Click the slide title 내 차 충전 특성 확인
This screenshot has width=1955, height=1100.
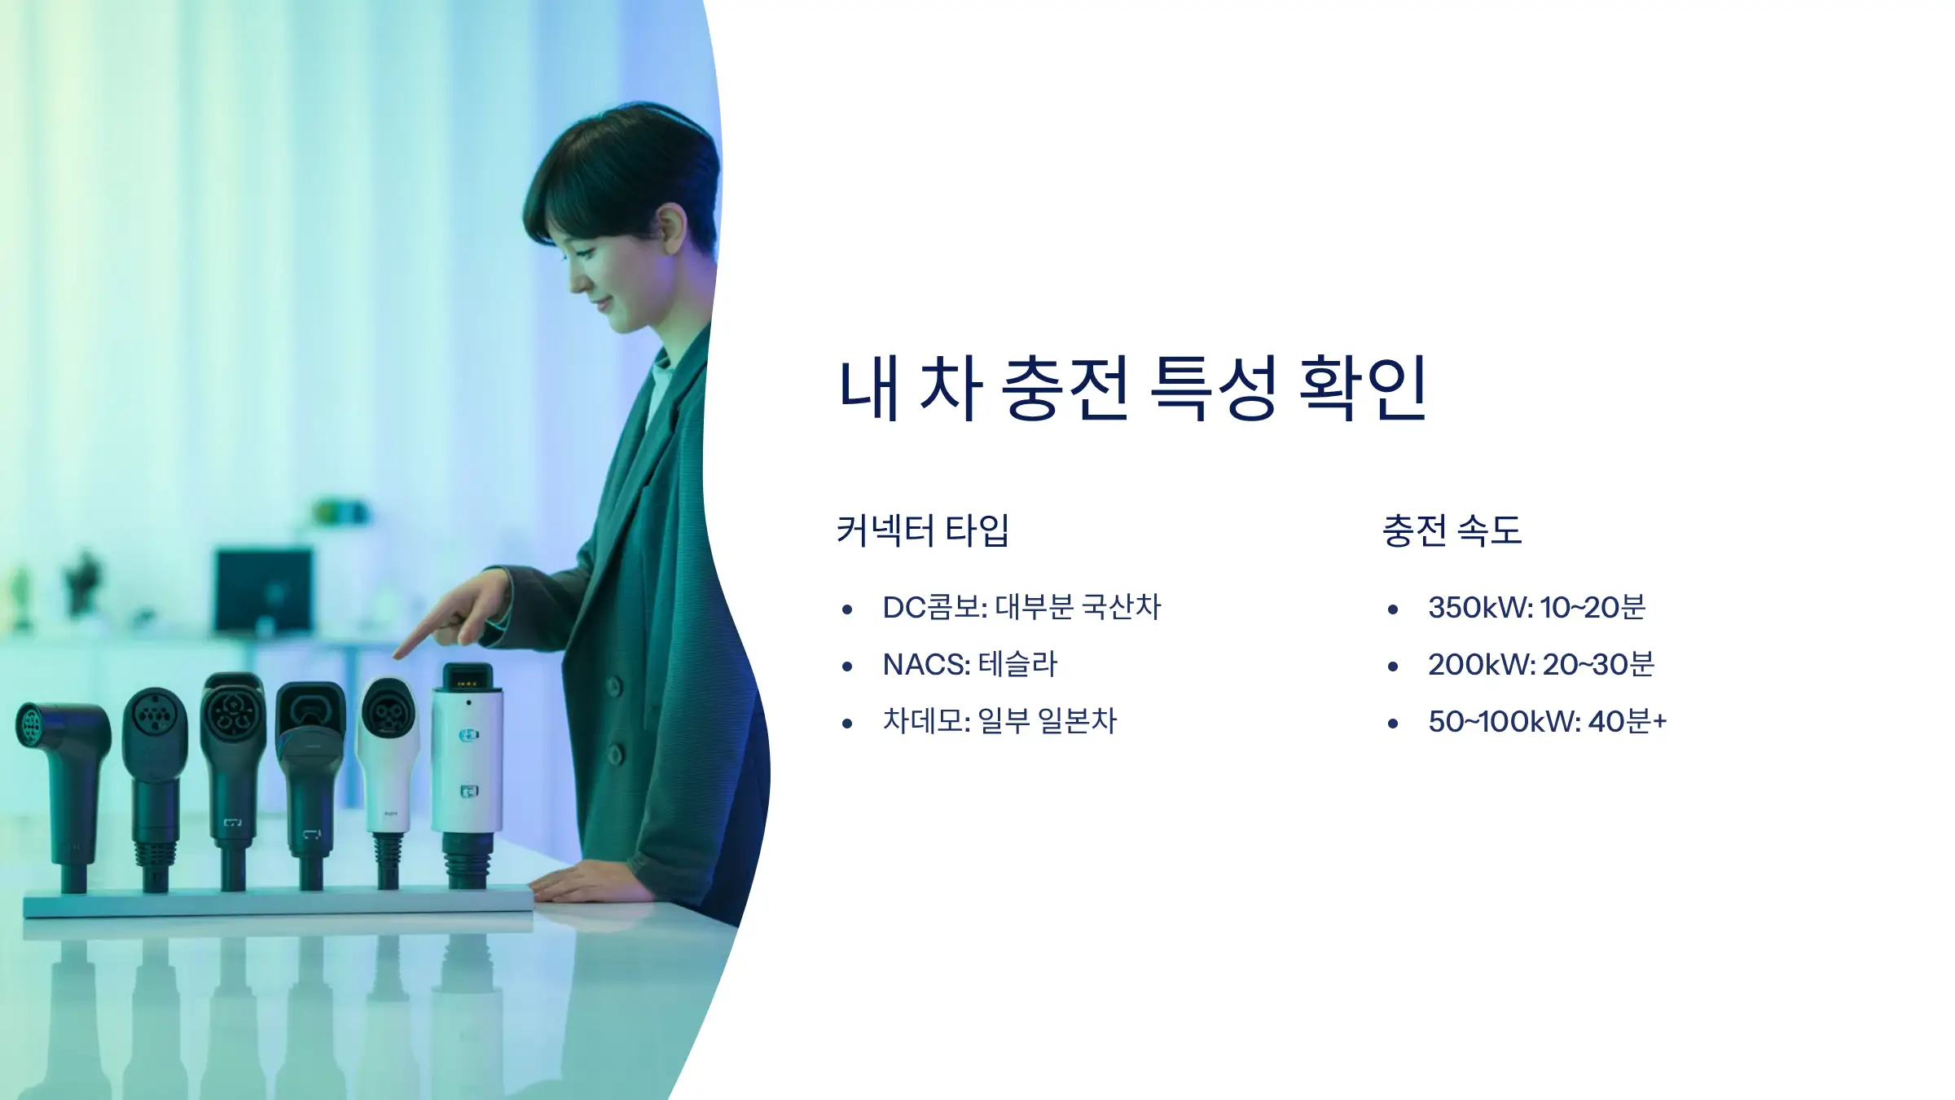tap(1132, 389)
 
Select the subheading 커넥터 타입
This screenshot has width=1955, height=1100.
tap(922, 530)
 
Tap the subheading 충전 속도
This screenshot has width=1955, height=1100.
tap(1452, 530)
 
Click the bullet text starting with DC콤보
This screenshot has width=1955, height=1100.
tap(1021, 607)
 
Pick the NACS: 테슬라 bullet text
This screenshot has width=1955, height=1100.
tap(969, 664)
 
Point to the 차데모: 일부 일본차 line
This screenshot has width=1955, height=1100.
tap(999, 721)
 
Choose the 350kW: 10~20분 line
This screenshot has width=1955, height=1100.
tap(1536, 607)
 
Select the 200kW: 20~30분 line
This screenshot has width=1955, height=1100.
tap(1541, 664)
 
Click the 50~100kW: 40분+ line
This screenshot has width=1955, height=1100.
tap(1547, 721)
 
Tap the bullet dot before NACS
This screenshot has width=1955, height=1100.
tap(847, 667)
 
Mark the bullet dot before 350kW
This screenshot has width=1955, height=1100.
tap(1393, 609)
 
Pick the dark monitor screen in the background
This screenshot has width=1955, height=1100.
tap(263, 591)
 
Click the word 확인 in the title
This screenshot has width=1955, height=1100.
tap(1362, 389)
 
